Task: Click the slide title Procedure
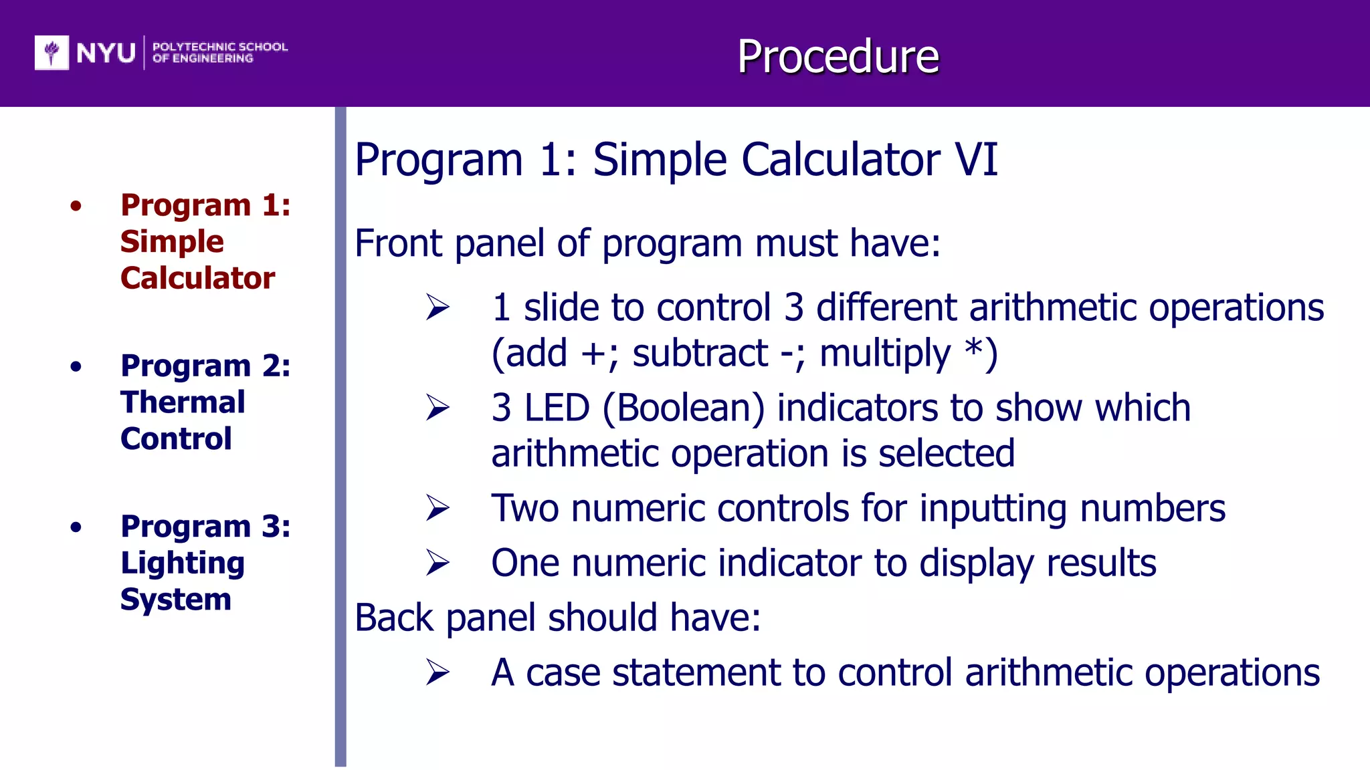tap(838, 56)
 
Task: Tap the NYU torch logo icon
tap(52, 52)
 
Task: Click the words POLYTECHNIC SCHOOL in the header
tap(220, 47)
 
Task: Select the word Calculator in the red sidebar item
tap(197, 278)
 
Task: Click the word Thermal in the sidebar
tap(183, 402)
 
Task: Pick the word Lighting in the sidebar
tap(183, 563)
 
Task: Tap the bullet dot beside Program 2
tap(76, 366)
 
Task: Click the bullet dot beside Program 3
tap(76, 527)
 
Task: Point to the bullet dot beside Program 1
tap(76, 206)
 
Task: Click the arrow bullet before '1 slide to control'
tap(438, 307)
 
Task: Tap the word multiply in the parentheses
tap(884, 354)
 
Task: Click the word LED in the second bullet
tap(557, 408)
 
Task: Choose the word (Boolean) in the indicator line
tap(683, 408)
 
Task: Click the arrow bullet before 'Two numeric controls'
tap(438, 509)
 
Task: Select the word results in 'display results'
tap(1101, 563)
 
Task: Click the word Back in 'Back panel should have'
tap(394, 618)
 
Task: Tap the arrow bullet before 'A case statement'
tap(438, 672)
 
